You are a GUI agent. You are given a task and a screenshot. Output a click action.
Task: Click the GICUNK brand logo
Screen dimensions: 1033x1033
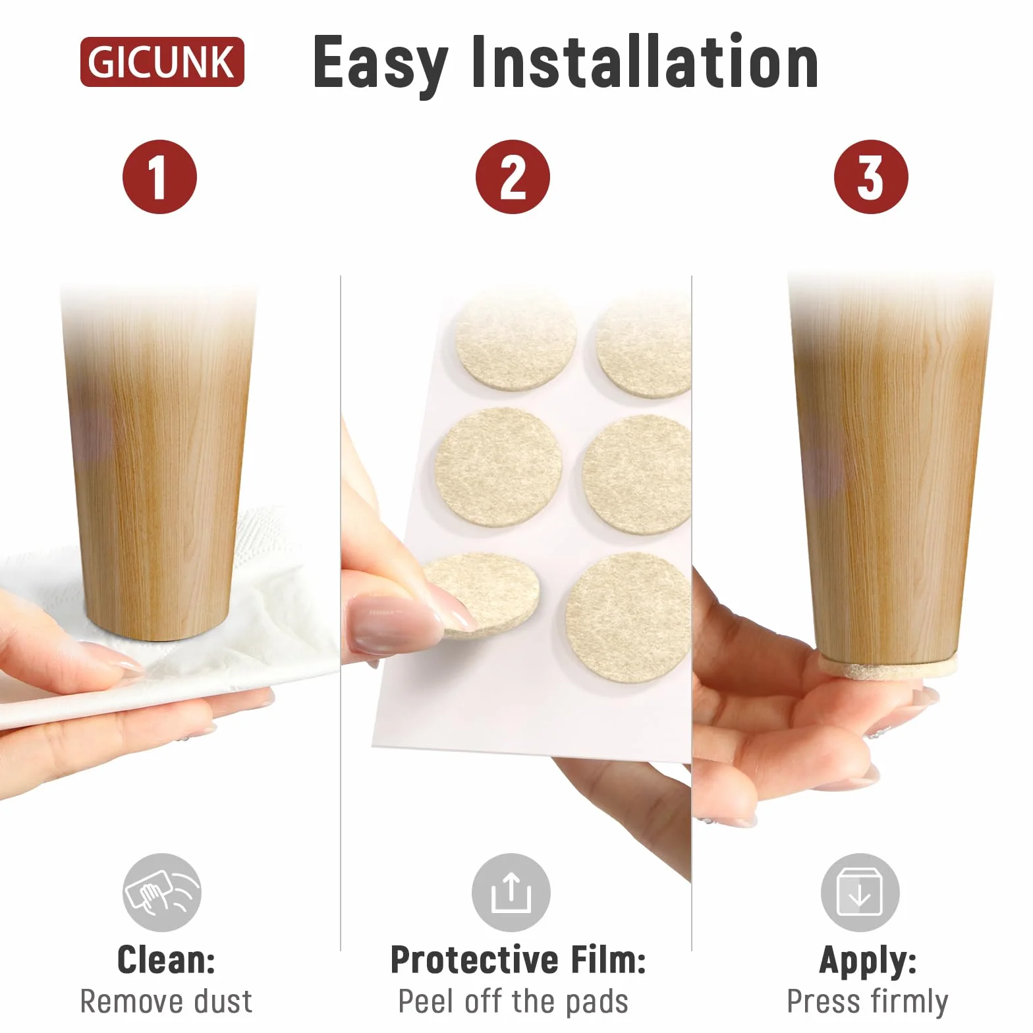pyautogui.click(x=162, y=62)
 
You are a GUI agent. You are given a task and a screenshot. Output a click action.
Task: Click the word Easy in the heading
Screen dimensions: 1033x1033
pyautogui.click(x=380, y=64)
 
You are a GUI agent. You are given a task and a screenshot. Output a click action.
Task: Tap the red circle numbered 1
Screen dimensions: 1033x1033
pyautogui.click(x=159, y=177)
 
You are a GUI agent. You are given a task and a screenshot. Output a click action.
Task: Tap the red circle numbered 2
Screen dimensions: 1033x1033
pyautogui.click(x=513, y=177)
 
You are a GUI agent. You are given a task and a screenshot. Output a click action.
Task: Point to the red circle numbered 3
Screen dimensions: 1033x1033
pyautogui.click(x=871, y=177)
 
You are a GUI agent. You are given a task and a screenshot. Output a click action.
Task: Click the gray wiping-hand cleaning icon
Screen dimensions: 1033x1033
pyautogui.click(x=162, y=892)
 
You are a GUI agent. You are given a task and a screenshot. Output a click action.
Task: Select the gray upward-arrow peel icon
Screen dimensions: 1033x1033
pyautogui.click(x=511, y=892)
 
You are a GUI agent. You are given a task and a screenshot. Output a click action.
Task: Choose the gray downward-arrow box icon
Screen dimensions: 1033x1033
pyautogui.click(x=860, y=892)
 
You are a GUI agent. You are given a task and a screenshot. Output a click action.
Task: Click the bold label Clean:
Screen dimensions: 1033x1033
pyautogui.click(x=166, y=959)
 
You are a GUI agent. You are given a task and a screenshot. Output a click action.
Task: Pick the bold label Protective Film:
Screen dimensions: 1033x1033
pyautogui.click(x=518, y=959)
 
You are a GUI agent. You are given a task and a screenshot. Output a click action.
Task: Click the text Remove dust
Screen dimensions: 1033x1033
pyautogui.click(x=166, y=1001)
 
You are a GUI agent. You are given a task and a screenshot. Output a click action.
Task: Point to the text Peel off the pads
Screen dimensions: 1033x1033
pyautogui.click(x=513, y=1002)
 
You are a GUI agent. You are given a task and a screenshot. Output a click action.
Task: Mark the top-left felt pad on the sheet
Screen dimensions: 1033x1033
pyautogui.click(x=516, y=342)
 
